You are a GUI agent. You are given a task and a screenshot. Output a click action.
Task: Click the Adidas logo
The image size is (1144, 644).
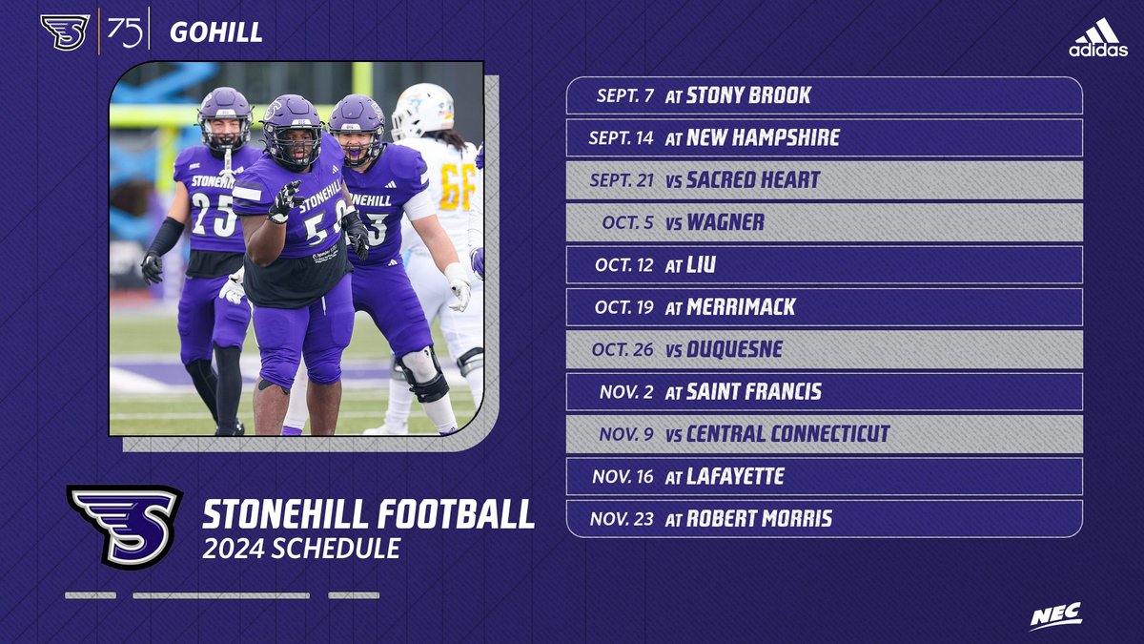pos(1097,39)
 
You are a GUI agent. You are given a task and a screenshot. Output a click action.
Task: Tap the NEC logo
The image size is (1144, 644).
pos(1055,616)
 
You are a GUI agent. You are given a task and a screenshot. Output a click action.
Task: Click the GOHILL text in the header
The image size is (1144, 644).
pos(215,33)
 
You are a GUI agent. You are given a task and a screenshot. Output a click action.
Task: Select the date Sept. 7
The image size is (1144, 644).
pos(624,95)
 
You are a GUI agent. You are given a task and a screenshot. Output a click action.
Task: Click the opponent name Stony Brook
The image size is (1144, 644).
pos(748,95)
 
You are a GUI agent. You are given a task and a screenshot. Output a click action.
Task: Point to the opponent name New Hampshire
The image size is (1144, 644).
pos(763,137)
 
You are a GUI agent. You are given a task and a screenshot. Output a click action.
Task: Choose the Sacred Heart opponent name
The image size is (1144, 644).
pos(753,180)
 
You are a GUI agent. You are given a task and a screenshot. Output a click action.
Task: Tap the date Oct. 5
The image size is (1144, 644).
pos(627,222)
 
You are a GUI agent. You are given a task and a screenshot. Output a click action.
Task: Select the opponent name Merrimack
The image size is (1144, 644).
pos(741,307)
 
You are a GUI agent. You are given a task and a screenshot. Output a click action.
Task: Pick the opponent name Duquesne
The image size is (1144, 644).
pos(734,349)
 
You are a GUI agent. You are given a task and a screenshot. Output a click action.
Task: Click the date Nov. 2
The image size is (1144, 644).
pos(626,392)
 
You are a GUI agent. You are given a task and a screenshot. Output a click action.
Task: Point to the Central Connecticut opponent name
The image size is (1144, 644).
pos(787,434)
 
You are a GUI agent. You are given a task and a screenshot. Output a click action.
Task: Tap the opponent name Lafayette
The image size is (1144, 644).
pos(735,476)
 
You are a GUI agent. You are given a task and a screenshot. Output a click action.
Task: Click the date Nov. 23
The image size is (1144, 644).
pos(622,519)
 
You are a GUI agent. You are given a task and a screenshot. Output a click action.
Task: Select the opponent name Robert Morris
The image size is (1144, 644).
pos(759,519)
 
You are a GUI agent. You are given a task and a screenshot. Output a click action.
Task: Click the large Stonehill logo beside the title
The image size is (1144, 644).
pos(125,526)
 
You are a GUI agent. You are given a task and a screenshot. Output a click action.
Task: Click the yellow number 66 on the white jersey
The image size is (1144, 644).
pos(457,186)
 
